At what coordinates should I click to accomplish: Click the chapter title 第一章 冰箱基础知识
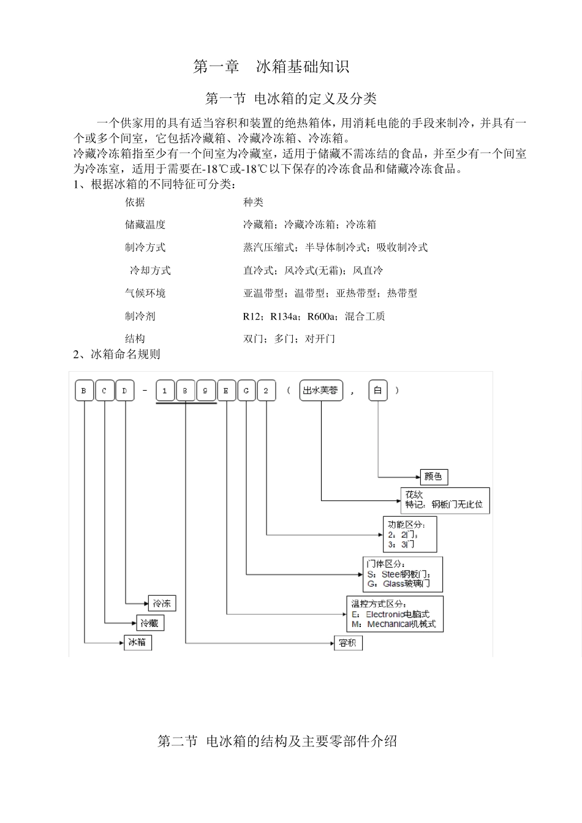click(271, 67)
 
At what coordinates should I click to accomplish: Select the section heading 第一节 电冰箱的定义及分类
click(290, 99)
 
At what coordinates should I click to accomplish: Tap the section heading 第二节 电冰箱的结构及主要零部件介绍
click(278, 742)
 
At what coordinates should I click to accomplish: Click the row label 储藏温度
click(145, 225)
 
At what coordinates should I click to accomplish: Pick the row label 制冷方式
click(145, 247)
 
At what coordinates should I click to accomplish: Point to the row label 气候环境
click(145, 293)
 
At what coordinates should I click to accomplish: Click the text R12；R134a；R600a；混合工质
click(314, 317)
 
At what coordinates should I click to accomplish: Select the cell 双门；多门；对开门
click(289, 339)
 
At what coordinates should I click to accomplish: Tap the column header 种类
click(253, 202)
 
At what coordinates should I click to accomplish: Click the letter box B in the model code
click(84, 391)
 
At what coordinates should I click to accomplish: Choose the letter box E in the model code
click(226, 391)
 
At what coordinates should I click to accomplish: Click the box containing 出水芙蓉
click(320, 391)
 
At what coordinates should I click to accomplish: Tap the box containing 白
click(377, 391)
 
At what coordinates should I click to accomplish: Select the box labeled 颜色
click(434, 476)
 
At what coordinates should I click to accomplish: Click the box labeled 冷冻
click(162, 603)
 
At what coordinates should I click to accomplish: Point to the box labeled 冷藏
click(149, 623)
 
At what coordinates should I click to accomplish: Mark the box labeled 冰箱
click(137, 642)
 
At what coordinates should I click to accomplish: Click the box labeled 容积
click(347, 643)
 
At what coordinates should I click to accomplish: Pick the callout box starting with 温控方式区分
click(395, 614)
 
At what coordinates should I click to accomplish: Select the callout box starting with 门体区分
click(402, 574)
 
